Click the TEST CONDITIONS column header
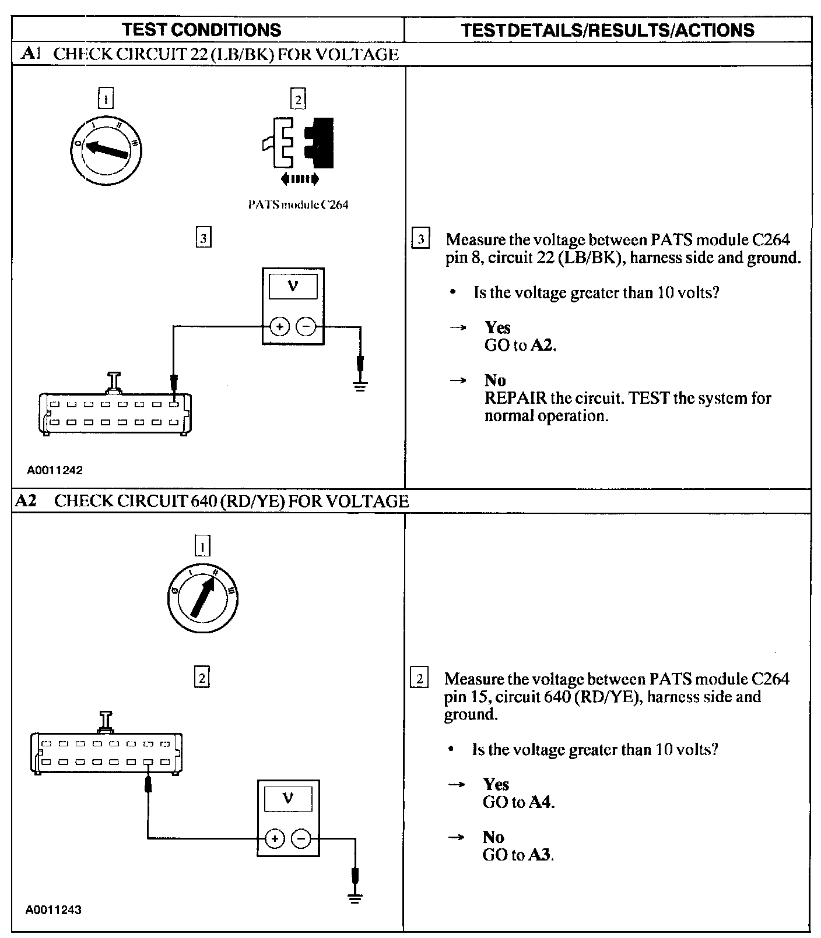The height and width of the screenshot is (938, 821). pos(202,30)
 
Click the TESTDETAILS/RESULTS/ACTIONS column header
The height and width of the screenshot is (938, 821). pos(608,30)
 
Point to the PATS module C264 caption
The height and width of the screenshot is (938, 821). pos(298,204)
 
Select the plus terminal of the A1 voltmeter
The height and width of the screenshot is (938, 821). pos(280,327)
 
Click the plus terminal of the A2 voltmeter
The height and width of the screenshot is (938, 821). pos(275,838)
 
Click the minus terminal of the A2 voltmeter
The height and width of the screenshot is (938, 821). pos(301,838)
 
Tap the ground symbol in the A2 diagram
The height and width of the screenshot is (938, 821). pos(355,897)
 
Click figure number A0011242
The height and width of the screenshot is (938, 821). pos(54,470)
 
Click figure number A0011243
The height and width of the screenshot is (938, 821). pos(53,909)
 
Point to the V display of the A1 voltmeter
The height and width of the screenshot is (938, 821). pos(293,287)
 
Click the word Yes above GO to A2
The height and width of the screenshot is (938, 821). pos(497,327)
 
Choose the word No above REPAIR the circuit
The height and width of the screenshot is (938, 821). pos(495,380)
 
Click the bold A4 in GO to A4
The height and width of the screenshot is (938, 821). pos(540,802)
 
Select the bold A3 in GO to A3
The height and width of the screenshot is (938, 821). pos(540,855)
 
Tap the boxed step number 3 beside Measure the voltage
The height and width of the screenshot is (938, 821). pos(420,239)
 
